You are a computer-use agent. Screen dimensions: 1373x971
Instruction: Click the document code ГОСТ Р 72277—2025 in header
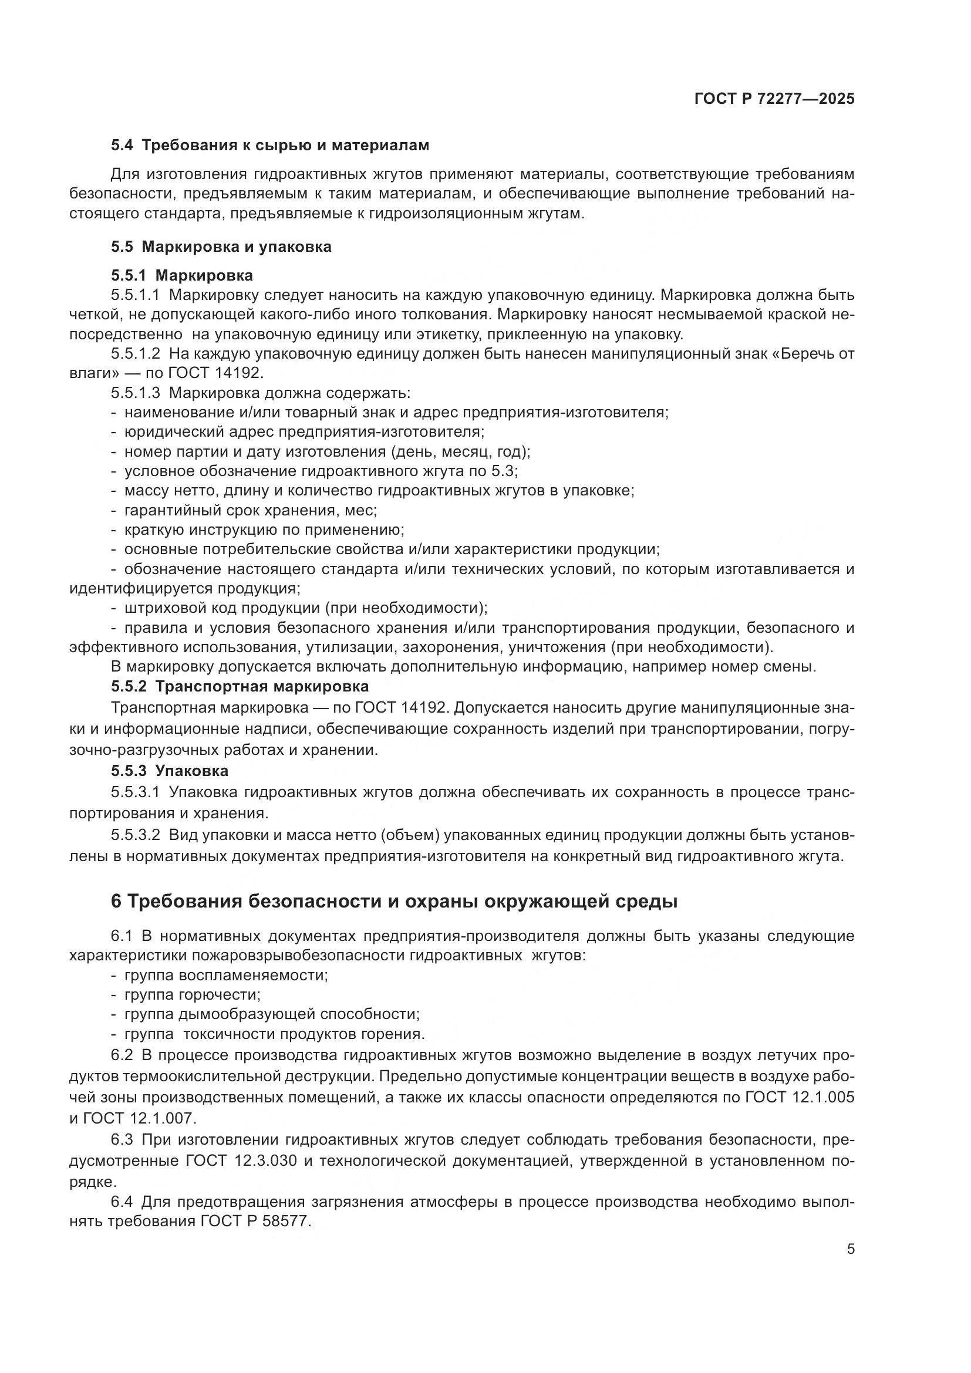(x=774, y=99)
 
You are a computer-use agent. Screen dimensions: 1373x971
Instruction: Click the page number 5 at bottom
(x=850, y=1249)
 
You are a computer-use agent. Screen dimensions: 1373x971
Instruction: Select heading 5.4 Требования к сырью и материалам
(x=269, y=146)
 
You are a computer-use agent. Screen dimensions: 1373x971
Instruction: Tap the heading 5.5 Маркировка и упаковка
(x=221, y=247)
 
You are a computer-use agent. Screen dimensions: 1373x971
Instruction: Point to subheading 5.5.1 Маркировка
(x=182, y=275)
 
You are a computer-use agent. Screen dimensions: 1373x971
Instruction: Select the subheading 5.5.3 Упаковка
(x=169, y=771)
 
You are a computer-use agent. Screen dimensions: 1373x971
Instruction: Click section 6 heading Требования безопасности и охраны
(x=394, y=901)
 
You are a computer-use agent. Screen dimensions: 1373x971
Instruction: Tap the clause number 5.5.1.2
(x=135, y=353)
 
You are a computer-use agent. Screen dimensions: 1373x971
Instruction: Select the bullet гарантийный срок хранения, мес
(x=250, y=510)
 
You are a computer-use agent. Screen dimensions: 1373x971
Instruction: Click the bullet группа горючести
(x=192, y=994)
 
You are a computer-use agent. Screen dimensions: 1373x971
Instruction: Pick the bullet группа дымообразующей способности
(x=271, y=1014)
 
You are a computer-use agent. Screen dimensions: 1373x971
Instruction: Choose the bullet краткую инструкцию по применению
(x=264, y=530)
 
